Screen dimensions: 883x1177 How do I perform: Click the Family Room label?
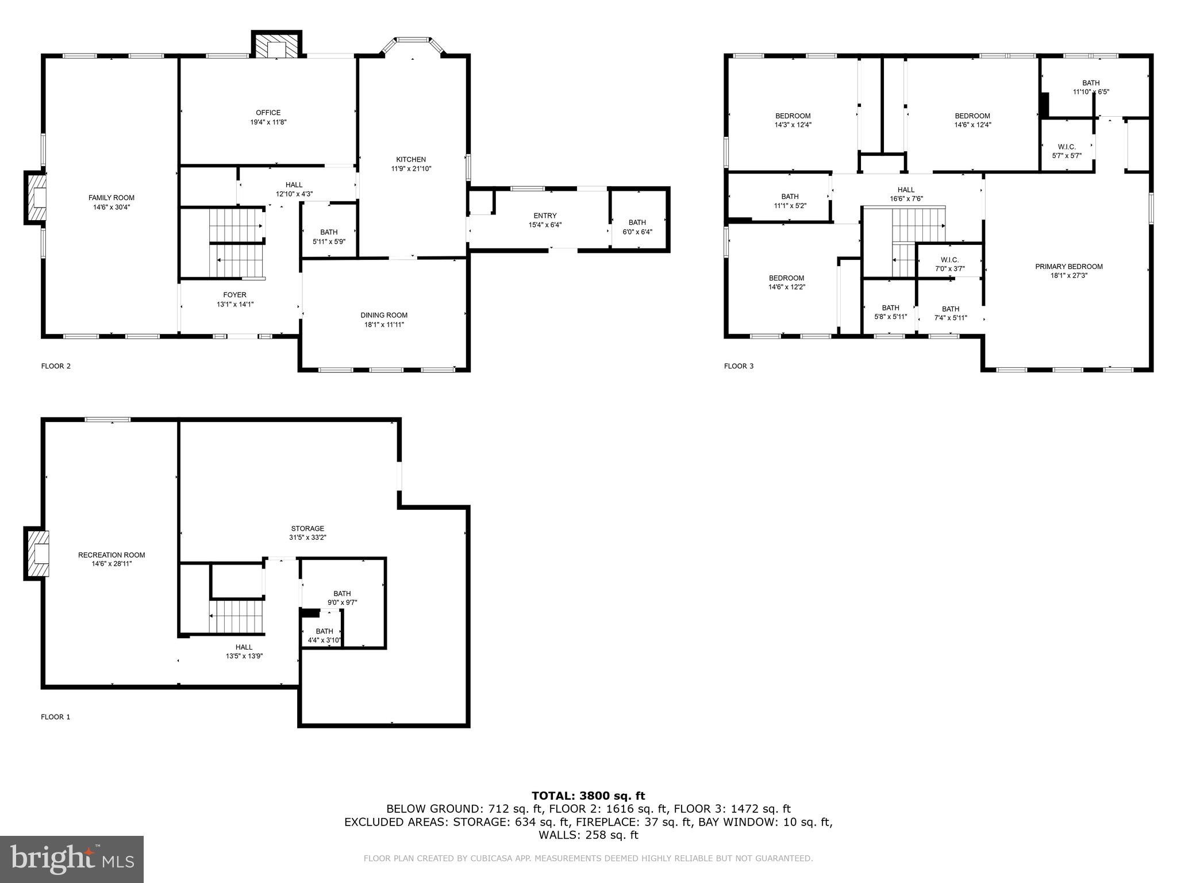(111, 198)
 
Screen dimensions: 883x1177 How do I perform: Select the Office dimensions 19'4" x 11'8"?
(268, 122)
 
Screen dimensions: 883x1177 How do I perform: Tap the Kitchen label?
(411, 159)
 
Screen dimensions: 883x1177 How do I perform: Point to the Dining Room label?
(384, 315)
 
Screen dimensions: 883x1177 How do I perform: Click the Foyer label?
(235, 295)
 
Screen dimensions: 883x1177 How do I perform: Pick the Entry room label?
(545, 216)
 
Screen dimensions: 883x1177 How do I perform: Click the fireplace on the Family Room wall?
(36, 197)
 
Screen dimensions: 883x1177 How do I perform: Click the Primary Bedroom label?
(1069, 266)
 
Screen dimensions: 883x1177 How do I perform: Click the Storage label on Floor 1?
(307, 528)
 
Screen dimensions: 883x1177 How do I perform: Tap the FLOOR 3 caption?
(738, 366)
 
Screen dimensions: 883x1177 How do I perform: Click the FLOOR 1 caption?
(56, 717)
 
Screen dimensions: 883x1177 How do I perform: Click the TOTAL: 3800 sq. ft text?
(588, 796)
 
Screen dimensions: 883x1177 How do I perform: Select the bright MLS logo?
(72, 859)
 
